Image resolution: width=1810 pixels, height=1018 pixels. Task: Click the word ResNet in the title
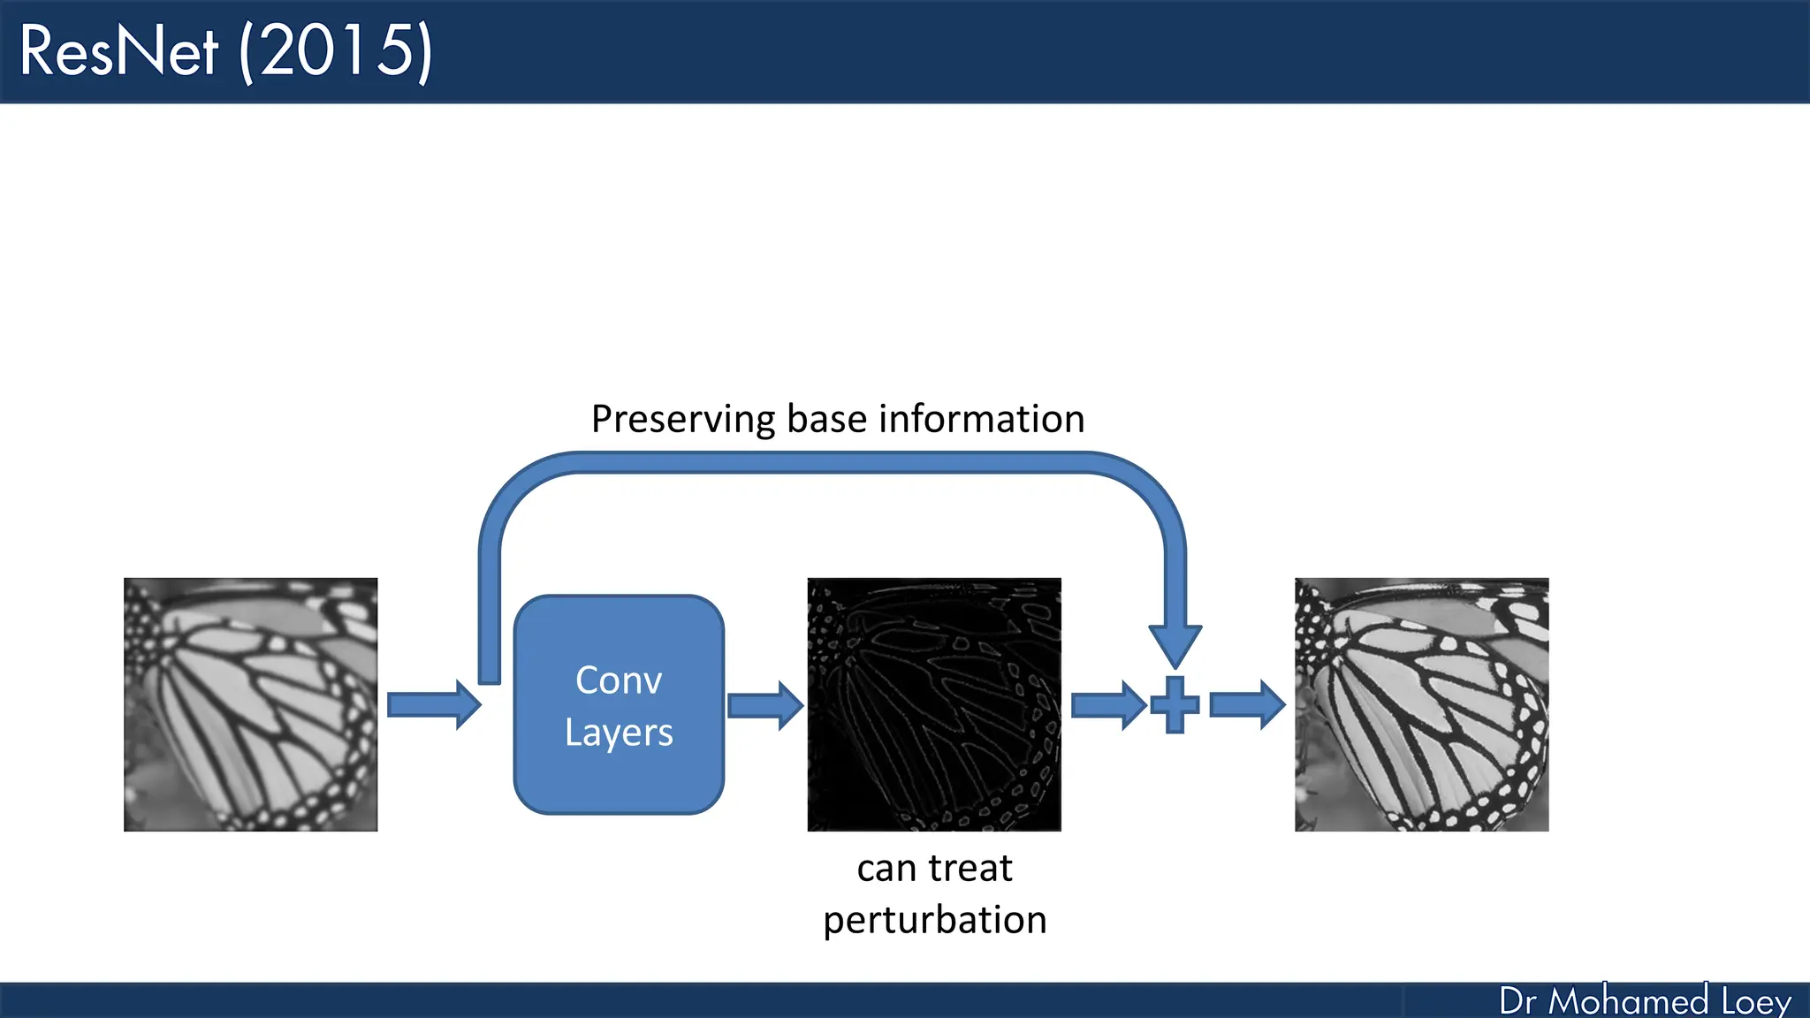118,51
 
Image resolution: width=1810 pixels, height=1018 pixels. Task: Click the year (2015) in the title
336,51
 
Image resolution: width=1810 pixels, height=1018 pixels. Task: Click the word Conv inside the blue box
619,680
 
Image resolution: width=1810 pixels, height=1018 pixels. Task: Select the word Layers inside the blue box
619,733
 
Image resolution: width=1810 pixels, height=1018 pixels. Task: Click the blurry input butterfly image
250,704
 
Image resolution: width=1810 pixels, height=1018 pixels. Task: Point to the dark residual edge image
934,704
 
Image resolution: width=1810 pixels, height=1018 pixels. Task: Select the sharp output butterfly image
1421,704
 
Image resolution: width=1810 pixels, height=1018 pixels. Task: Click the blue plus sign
1175,705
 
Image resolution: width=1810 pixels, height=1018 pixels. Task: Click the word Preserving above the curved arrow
683,420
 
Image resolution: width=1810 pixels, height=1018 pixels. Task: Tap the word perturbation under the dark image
935,921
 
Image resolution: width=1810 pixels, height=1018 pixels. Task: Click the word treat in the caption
970,869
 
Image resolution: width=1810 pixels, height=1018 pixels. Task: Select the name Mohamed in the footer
1628,1001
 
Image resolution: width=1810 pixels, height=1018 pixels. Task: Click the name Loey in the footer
1756,1001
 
